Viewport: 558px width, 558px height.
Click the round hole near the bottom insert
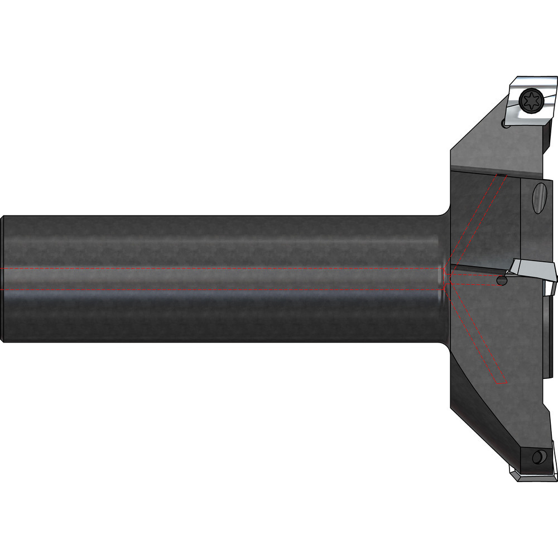[538, 458]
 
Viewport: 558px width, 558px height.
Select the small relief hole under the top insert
[506, 125]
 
